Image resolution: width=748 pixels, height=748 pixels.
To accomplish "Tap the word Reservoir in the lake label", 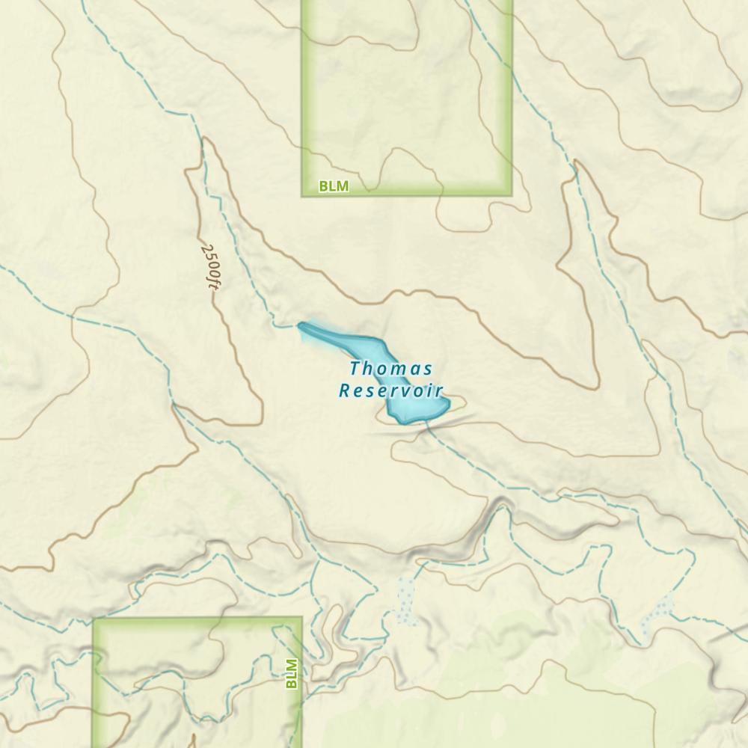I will tap(390, 390).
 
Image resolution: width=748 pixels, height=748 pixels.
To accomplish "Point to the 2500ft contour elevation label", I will tap(211, 265).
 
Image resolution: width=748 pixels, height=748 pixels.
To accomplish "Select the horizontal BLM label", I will tap(334, 186).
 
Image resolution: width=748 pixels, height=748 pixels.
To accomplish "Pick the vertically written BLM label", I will tap(292, 672).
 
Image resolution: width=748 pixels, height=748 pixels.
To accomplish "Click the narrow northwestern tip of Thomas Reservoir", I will tap(301, 325).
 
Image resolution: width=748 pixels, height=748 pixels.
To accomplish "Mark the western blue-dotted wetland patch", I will tap(406, 600).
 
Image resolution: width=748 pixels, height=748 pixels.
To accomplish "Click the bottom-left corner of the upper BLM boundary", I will tap(303, 195).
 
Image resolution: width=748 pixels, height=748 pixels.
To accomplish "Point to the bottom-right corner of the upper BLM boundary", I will tap(512, 195).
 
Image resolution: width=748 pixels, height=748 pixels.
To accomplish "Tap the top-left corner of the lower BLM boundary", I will tap(94, 619).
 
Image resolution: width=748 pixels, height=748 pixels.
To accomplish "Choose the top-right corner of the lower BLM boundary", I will tap(301, 619).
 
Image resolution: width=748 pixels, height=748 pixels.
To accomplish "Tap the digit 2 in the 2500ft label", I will tap(206, 247).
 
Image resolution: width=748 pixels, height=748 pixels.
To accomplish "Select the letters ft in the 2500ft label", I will tap(214, 281).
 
